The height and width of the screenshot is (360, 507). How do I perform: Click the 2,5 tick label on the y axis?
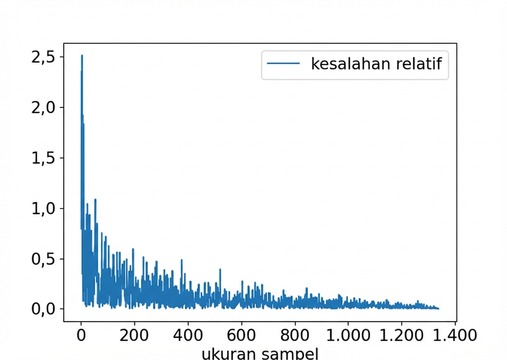[43, 57]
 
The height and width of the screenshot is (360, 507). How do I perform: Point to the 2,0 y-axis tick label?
[43, 107]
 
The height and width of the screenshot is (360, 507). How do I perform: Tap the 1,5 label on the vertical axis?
[43, 158]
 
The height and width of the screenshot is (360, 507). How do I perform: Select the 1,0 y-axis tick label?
[43, 208]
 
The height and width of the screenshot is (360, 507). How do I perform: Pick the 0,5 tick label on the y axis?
[43, 259]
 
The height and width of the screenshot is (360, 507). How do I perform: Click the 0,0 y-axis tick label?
[43, 309]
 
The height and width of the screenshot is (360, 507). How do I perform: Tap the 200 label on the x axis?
[134, 335]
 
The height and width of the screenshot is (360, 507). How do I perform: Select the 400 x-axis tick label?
[188, 335]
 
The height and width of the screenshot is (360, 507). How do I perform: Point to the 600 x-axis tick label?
[241, 335]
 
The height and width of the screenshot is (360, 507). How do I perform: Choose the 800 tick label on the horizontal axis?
[295, 335]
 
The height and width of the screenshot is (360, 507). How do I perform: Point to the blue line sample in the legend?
[284, 64]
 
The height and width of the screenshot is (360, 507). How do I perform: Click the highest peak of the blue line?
[82, 55]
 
